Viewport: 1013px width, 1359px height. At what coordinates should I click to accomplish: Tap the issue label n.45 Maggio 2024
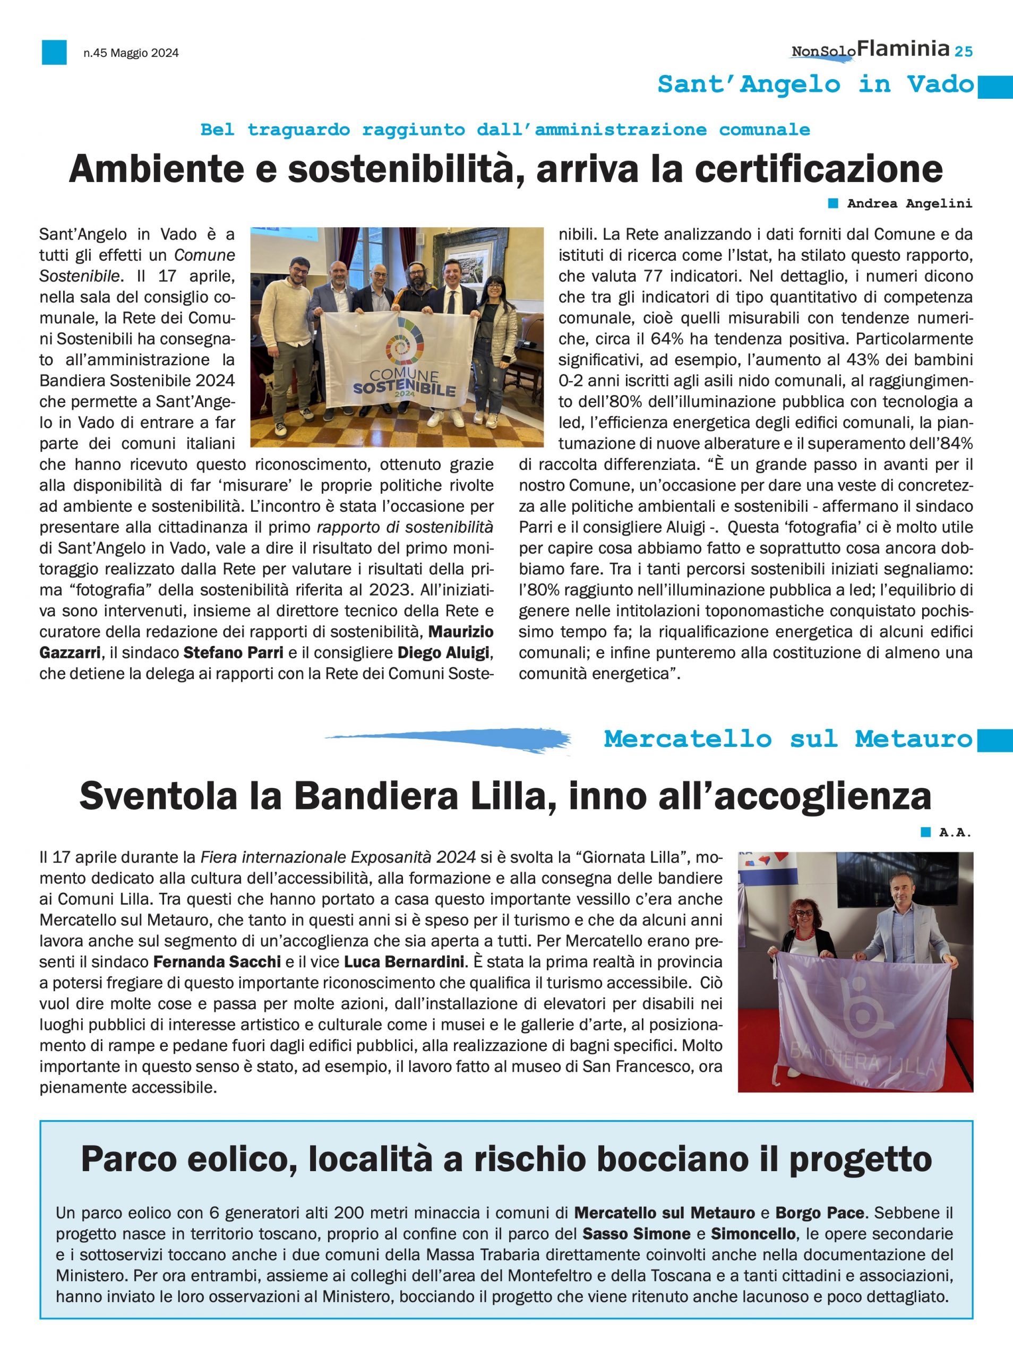(131, 53)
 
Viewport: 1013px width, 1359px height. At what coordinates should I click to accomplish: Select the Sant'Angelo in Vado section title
(815, 84)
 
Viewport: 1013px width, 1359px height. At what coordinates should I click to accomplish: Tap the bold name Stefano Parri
(234, 653)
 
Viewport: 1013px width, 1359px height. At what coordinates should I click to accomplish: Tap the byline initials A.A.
(955, 832)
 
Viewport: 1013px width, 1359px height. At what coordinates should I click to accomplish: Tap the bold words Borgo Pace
(819, 1213)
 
